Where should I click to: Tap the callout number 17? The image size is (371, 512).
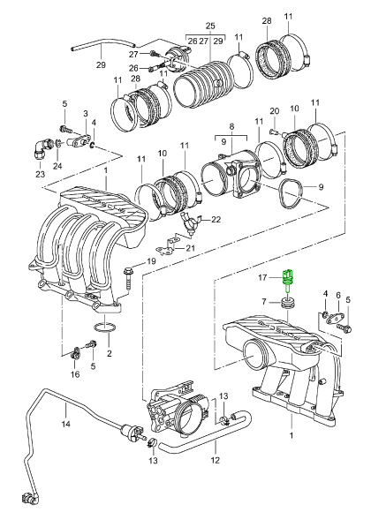[262, 277]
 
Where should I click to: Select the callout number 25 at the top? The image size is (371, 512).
[210, 26]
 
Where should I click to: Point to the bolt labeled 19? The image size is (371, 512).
[128, 278]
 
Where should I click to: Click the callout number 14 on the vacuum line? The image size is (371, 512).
[65, 424]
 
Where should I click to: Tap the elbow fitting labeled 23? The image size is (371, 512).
[42, 148]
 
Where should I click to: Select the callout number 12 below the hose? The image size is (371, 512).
[215, 460]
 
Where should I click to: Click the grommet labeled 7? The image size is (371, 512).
[288, 304]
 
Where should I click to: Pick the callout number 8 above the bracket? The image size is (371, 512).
[231, 126]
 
